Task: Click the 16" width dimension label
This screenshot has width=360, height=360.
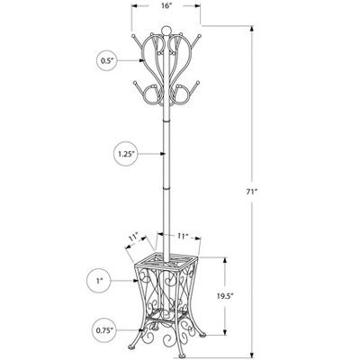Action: pos(165,6)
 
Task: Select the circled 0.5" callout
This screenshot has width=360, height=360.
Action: pos(108,61)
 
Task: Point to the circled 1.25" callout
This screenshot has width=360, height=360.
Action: pos(126,153)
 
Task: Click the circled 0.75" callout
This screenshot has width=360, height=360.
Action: pos(105,328)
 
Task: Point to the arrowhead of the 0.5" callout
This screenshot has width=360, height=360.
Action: pos(145,61)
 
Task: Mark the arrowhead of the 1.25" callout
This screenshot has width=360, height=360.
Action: pos(161,153)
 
